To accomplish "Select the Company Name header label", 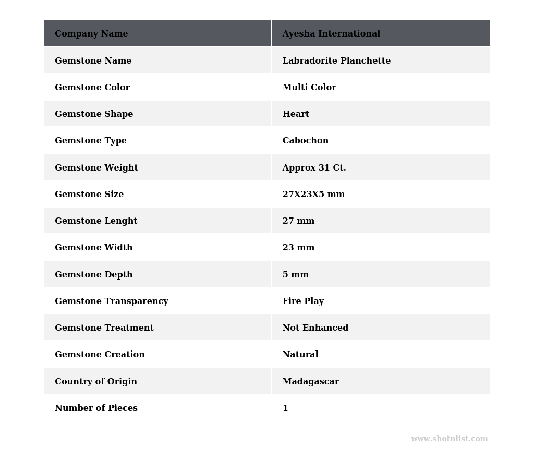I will tap(91, 34).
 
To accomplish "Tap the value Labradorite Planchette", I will tap(336, 61).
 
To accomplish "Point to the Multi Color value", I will tap(309, 88).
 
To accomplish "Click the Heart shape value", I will tap(296, 114).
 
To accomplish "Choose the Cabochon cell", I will tap(306, 141).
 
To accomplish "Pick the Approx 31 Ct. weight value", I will tap(314, 168).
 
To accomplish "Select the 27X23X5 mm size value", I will tap(313, 195).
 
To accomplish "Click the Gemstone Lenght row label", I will tap(96, 221).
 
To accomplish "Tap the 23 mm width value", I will tap(298, 248).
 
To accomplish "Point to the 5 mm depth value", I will tap(296, 275).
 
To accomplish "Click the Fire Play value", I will tap(303, 301).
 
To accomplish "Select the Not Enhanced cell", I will tap(315, 328).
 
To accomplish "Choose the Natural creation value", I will tap(300, 355).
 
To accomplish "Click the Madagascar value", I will tap(311, 382).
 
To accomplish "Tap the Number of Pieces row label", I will tap(96, 408).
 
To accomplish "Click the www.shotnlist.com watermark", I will tap(449, 439).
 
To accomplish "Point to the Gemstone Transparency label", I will tap(112, 301).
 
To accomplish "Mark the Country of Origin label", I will tap(96, 382).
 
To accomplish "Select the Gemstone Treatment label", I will tap(104, 328).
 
